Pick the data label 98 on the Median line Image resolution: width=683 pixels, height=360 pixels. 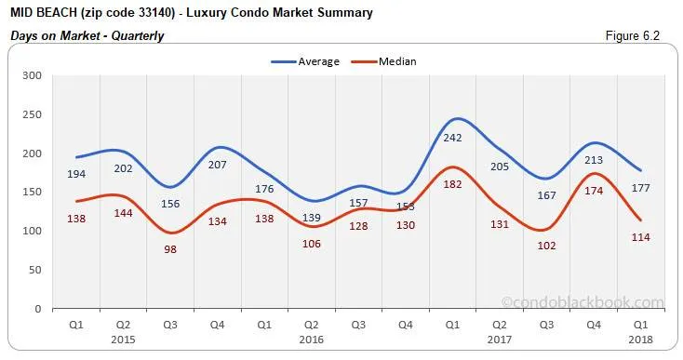(x=170, y=250)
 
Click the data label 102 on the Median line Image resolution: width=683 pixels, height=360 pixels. (x=547, y=247)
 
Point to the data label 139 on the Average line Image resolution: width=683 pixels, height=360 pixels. (x=312, y=217)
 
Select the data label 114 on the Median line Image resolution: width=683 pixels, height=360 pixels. (x=642, y=237)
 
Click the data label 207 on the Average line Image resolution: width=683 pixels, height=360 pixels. (x=218, y=165)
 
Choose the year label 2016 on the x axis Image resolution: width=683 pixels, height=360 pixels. (x=311, y=340)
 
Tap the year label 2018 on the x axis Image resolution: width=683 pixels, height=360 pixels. (x=642, y=340)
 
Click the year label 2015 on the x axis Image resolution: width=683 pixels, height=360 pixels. (x=123, y=340)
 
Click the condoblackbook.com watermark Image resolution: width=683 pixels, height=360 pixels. (x=583, y=302)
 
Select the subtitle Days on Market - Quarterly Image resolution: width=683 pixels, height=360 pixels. (x=87, y=35)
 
